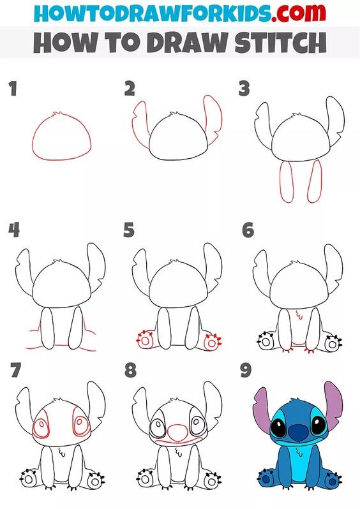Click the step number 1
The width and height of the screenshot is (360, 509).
(x=12, y=89)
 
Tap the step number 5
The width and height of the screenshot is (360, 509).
(x=129, y=230)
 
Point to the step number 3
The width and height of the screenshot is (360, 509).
(x=243, y=89)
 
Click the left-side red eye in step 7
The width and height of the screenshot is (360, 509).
(x=44, y=427)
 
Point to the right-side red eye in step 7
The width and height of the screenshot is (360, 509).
(x=80, y=427)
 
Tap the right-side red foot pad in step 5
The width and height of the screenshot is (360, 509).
(x=210, y=343)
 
